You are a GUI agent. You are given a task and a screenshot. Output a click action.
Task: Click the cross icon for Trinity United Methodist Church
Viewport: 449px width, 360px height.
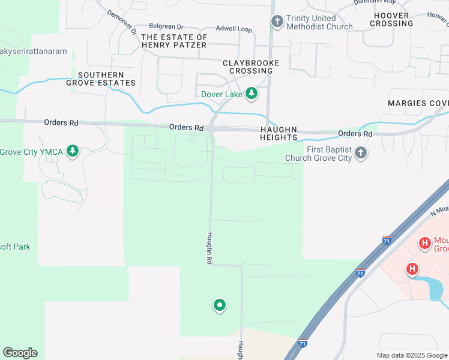coord(277,22)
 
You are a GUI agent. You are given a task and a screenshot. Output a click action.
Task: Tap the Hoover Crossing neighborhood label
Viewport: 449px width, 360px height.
coord(391,19)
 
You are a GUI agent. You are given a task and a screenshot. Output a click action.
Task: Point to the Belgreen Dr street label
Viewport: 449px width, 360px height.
coord(165,26)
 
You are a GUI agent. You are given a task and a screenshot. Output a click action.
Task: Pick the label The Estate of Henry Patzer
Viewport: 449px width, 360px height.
coord(174,41)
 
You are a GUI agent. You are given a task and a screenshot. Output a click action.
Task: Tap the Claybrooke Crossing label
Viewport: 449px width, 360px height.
coord(247,67)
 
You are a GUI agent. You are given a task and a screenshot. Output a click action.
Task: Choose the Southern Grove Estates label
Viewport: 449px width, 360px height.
coord(106,79)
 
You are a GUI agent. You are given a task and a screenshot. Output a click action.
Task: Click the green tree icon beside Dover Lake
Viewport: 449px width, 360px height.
coord(252,94)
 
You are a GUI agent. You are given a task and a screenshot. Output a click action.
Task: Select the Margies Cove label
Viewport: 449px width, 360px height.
coord(418,103)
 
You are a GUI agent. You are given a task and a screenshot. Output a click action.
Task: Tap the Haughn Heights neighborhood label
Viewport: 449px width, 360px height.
coord(279,133)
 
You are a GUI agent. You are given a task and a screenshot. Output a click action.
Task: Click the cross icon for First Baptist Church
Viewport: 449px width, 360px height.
coord(360,153)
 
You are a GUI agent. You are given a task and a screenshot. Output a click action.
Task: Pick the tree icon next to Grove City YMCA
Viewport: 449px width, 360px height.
coord(73,151)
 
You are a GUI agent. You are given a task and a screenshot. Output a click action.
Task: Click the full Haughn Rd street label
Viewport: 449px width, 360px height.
coord(209,248)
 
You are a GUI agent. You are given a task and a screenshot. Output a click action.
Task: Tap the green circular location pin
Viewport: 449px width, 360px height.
coord(220,305)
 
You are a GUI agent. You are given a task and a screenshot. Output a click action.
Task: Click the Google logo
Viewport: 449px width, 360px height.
coord(20,353)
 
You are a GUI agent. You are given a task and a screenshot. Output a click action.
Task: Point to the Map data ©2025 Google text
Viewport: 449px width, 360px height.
coord(412,355)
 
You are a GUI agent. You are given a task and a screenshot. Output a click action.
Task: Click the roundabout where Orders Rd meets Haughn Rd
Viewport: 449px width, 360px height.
coord(212,128)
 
